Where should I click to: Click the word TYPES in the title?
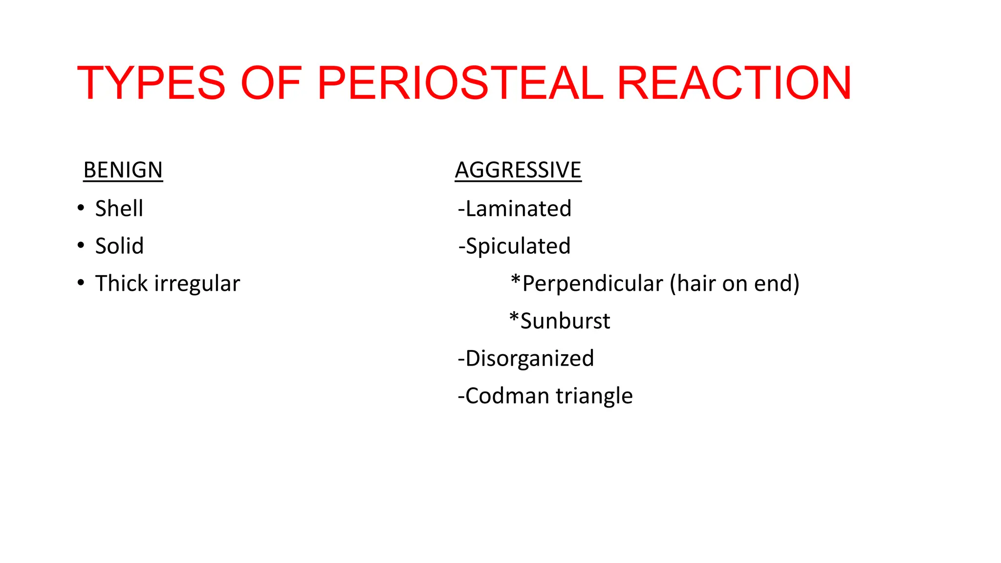tap(151, 83)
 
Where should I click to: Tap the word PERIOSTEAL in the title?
tap(460, 83)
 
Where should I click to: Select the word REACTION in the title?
tap(735, 83)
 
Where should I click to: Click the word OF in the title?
tap(271, 83)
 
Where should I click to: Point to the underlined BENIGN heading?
tap(123, 170)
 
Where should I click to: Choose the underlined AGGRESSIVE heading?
tap(518, 170)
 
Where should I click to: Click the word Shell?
tap(119, 209)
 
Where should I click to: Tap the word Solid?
tap(119, 246)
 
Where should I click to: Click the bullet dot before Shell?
tap(81, 207)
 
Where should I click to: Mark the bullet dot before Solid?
tap(81, 245)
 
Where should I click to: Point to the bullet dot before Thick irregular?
tap(81, 282)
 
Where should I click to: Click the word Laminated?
tap(518, 209)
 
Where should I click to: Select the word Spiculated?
tap(518, 246)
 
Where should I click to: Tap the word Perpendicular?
tap(592, 283)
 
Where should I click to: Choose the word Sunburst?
tap(565, 321)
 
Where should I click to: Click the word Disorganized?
tap(529, 358)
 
